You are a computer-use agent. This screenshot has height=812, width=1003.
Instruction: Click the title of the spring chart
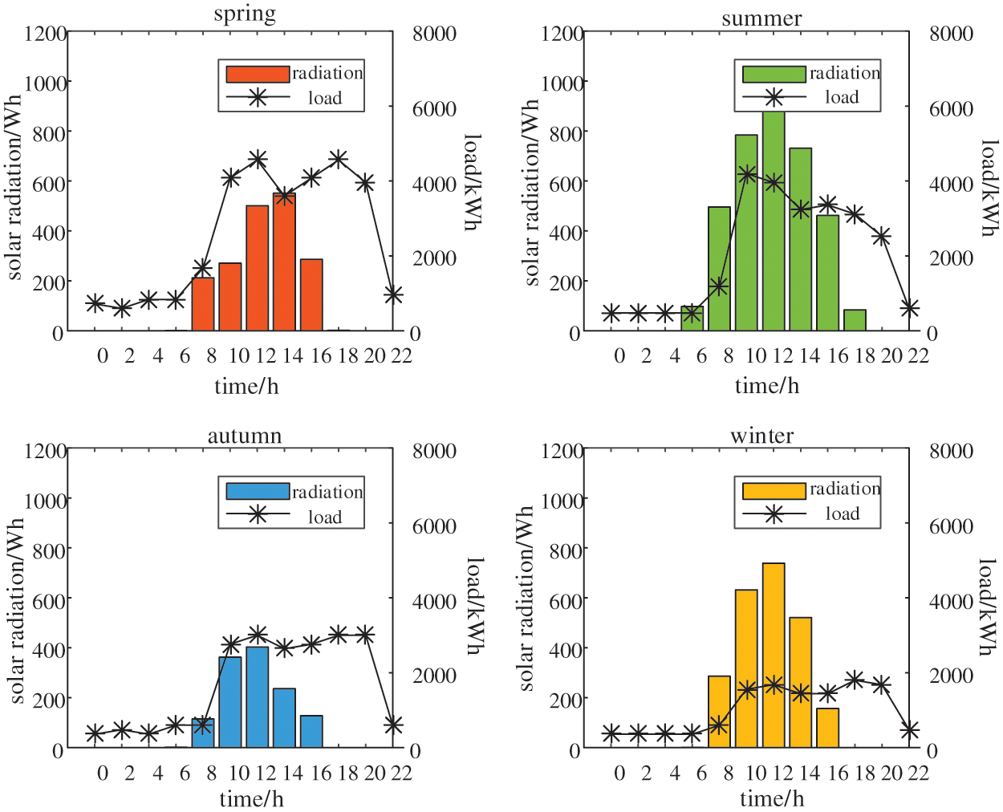[x=245, y=14]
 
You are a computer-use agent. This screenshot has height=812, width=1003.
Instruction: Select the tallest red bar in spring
[x=284, y=261]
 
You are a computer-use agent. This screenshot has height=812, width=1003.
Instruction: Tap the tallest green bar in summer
[x=774, y=221]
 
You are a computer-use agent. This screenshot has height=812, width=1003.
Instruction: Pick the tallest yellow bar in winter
[x=774, y=655]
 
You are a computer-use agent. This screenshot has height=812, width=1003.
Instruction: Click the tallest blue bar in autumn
[x=257, y=696]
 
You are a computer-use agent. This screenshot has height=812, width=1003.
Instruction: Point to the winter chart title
[x=761, y=436]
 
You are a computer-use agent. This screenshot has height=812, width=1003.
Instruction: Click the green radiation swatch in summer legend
[x=774, y=74]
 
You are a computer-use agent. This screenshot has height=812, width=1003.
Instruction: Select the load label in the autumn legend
[x=325, y=518]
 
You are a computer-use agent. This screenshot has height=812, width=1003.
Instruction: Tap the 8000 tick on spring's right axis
[x=434, y=34]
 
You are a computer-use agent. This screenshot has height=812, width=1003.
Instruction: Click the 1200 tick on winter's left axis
[x=562, y=451]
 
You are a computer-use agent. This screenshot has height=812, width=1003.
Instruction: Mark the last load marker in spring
[x=392, y=295]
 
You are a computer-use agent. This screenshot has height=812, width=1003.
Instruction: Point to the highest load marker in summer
[x=747, y=174]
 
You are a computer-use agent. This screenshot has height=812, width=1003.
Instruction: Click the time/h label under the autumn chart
[x=251, y=799]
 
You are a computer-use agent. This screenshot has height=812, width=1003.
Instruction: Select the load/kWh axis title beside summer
[x=990, y=188]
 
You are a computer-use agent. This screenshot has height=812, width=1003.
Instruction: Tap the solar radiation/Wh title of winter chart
[x=526, y=599]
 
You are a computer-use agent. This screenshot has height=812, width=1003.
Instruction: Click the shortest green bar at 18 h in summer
[x=855, y=320]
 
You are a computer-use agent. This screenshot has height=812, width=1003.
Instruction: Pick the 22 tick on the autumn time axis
[x=401, y=773]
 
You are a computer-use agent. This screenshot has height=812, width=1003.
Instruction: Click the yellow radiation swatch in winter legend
[x=774, y=490]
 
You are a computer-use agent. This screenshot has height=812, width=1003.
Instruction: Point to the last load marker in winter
[x=909, y=730]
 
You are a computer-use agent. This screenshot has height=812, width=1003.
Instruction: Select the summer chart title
[x=761, y=18]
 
